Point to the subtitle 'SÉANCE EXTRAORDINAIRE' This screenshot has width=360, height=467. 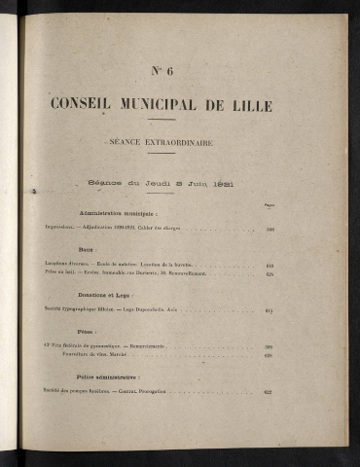tap(162, 142)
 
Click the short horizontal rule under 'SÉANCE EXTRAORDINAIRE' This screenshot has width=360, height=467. tap(162, 153)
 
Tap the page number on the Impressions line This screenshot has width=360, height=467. tap(270, 230)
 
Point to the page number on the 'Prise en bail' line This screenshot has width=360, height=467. tap(270, 273)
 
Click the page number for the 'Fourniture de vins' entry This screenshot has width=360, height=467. tap(269, 356)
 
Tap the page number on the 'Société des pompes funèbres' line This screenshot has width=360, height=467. tap(269, 392)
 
